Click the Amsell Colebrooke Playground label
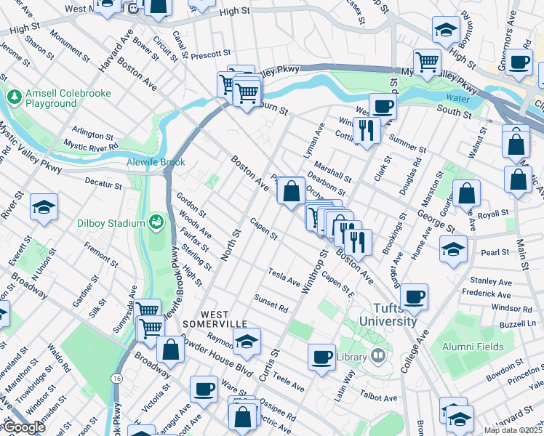50,98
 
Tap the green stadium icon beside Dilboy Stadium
155,221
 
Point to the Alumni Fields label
473,347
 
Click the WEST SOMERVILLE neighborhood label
215,318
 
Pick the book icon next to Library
377,356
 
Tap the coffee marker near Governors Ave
519,62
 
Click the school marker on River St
44,206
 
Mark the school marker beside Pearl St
453,249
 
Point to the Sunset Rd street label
271,304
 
